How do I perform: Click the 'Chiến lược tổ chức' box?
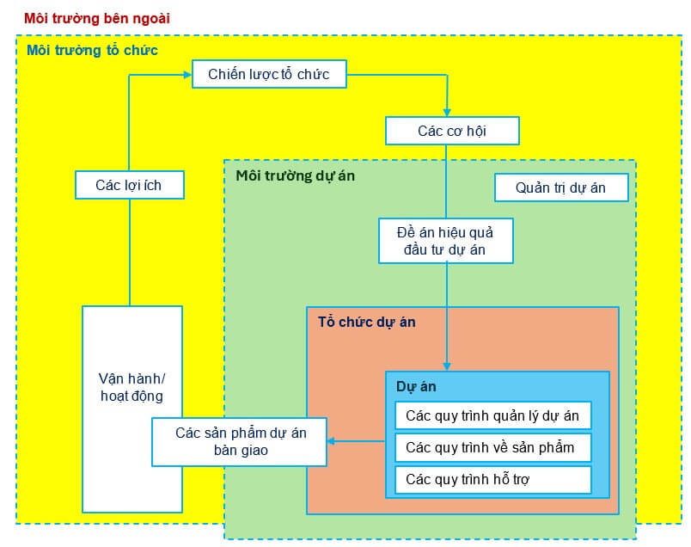(269, 75)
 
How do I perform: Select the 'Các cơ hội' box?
(453, 132)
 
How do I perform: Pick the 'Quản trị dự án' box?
(561, 187)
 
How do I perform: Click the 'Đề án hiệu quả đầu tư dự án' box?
(446, 240)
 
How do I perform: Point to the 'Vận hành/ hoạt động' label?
(131, 388)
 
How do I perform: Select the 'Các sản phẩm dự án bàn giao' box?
(240, 441)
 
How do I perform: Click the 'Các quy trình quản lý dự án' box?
(492, 416)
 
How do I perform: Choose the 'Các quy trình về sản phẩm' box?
(492, 447)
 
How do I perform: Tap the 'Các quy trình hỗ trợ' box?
(492, 479)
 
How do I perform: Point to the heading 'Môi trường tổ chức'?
(92, 50)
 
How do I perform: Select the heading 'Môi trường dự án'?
(295, 175)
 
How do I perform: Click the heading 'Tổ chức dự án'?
(366, 323)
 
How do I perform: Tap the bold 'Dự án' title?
(416, 386)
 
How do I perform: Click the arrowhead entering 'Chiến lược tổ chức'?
(187, 75)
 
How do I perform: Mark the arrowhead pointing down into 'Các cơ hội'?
(446, 112)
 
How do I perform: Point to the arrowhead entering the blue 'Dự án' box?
(446, 366)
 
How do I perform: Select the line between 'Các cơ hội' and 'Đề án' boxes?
(446, 181)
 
